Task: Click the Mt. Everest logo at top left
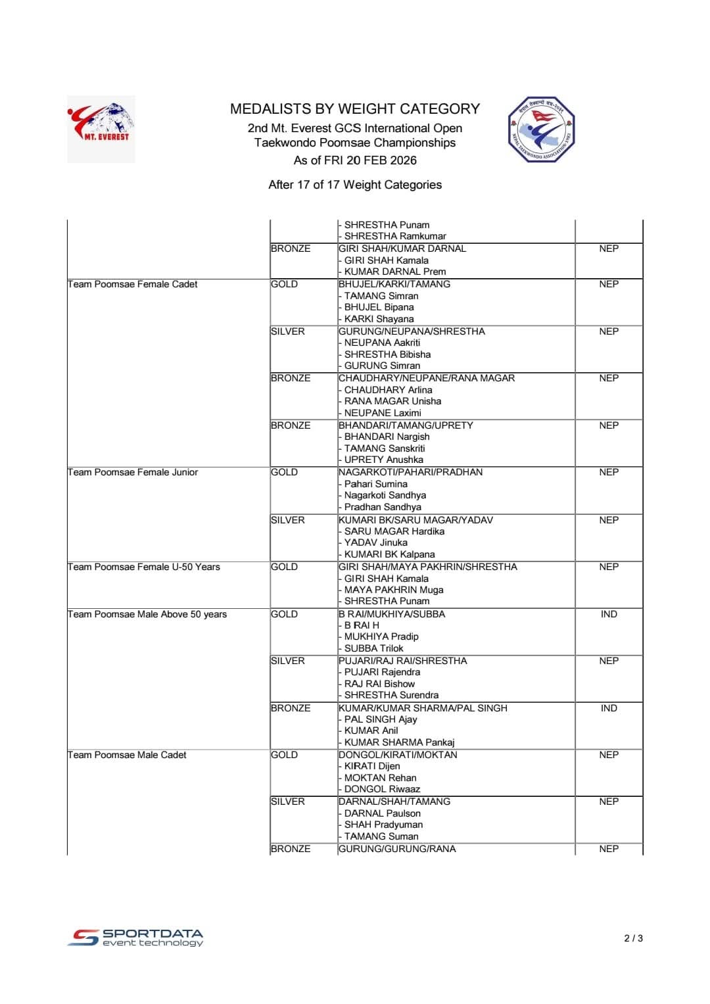[101, 129]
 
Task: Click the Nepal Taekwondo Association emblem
[541, 130]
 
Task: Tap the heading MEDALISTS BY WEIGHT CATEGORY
[355, 109]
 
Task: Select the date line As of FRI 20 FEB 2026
[355, 160]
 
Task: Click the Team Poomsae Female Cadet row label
[133, 284]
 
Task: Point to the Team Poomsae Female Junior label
[133, 472]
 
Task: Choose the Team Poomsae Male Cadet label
[127, 755]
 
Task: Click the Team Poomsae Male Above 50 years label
[147, 614]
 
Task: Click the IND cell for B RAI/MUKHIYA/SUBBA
[609, 614]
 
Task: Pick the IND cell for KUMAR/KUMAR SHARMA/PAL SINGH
[609, 708]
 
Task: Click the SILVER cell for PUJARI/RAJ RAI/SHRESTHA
[288, 661]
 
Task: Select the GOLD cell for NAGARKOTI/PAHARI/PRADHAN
[285, 472]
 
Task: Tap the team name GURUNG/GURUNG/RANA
[397, 849]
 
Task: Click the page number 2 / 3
[633, 938]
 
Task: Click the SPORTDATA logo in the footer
[135, 938]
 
